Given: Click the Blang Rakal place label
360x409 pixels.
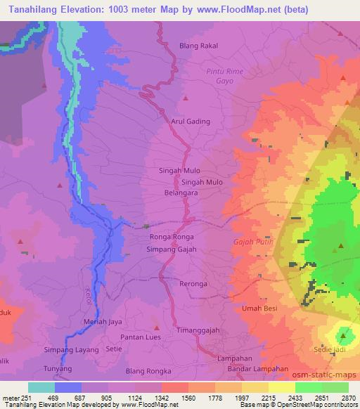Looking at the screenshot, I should pos(199,46).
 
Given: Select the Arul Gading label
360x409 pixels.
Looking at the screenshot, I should pos(191,122).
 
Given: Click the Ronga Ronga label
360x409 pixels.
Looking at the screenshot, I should pos(170,237).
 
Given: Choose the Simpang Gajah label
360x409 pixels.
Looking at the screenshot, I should pos(170,249).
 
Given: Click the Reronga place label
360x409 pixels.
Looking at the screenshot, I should pos(193,284).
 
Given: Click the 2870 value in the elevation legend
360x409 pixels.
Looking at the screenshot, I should pos(348,398).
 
